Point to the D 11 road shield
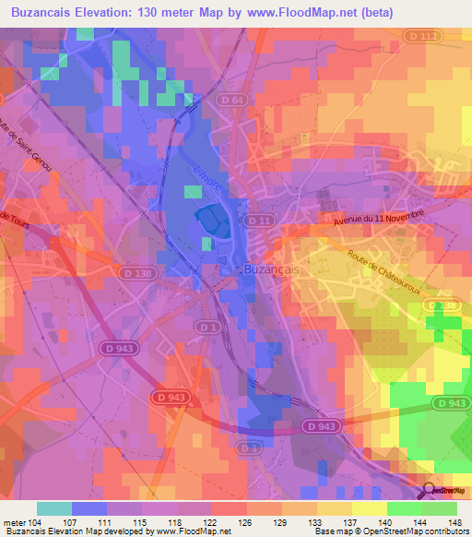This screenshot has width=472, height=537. coord(256,221)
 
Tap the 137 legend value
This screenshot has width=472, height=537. coord(349,522)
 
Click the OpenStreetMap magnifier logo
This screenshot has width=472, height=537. coord(428,491)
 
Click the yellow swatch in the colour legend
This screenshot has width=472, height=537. coord(370,508)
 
